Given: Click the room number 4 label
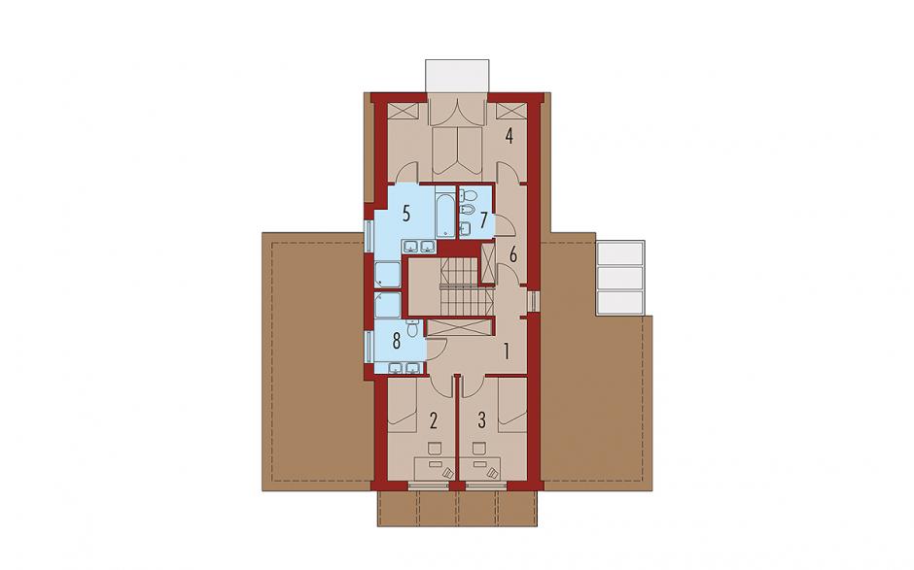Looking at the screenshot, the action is click(509, 137).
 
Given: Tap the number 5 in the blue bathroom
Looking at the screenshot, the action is click(406, 213).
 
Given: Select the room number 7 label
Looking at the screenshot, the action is click(483, 220).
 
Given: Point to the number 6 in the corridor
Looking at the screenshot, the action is click(513, 254).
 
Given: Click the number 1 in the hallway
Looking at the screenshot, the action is click(507, 352).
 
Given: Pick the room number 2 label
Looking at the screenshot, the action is click(433, 419).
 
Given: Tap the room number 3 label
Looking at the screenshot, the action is click(481, 419).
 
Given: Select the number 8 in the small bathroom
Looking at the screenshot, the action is click(397, 341).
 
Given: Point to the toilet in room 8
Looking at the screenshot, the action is click(412, 328).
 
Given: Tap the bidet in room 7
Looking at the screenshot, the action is click(468, 209).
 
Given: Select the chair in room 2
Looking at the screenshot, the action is click(435, 449).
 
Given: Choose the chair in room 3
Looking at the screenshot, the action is click(479, 449).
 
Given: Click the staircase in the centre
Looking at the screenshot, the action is click(461, 287).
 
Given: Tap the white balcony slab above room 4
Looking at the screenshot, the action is click(457, 76).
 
